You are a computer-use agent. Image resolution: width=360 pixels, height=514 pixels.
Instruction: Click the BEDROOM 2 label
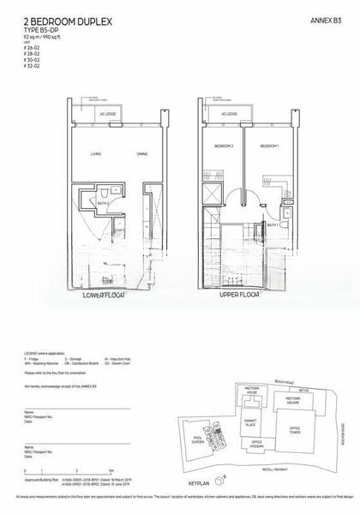point(225,146)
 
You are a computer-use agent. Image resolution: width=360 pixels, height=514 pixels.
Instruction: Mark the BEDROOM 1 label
point(270,146)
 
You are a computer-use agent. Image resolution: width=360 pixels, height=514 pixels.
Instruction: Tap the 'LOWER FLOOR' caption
point(106,296)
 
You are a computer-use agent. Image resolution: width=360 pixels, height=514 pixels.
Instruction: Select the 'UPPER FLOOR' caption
point(237,296)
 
